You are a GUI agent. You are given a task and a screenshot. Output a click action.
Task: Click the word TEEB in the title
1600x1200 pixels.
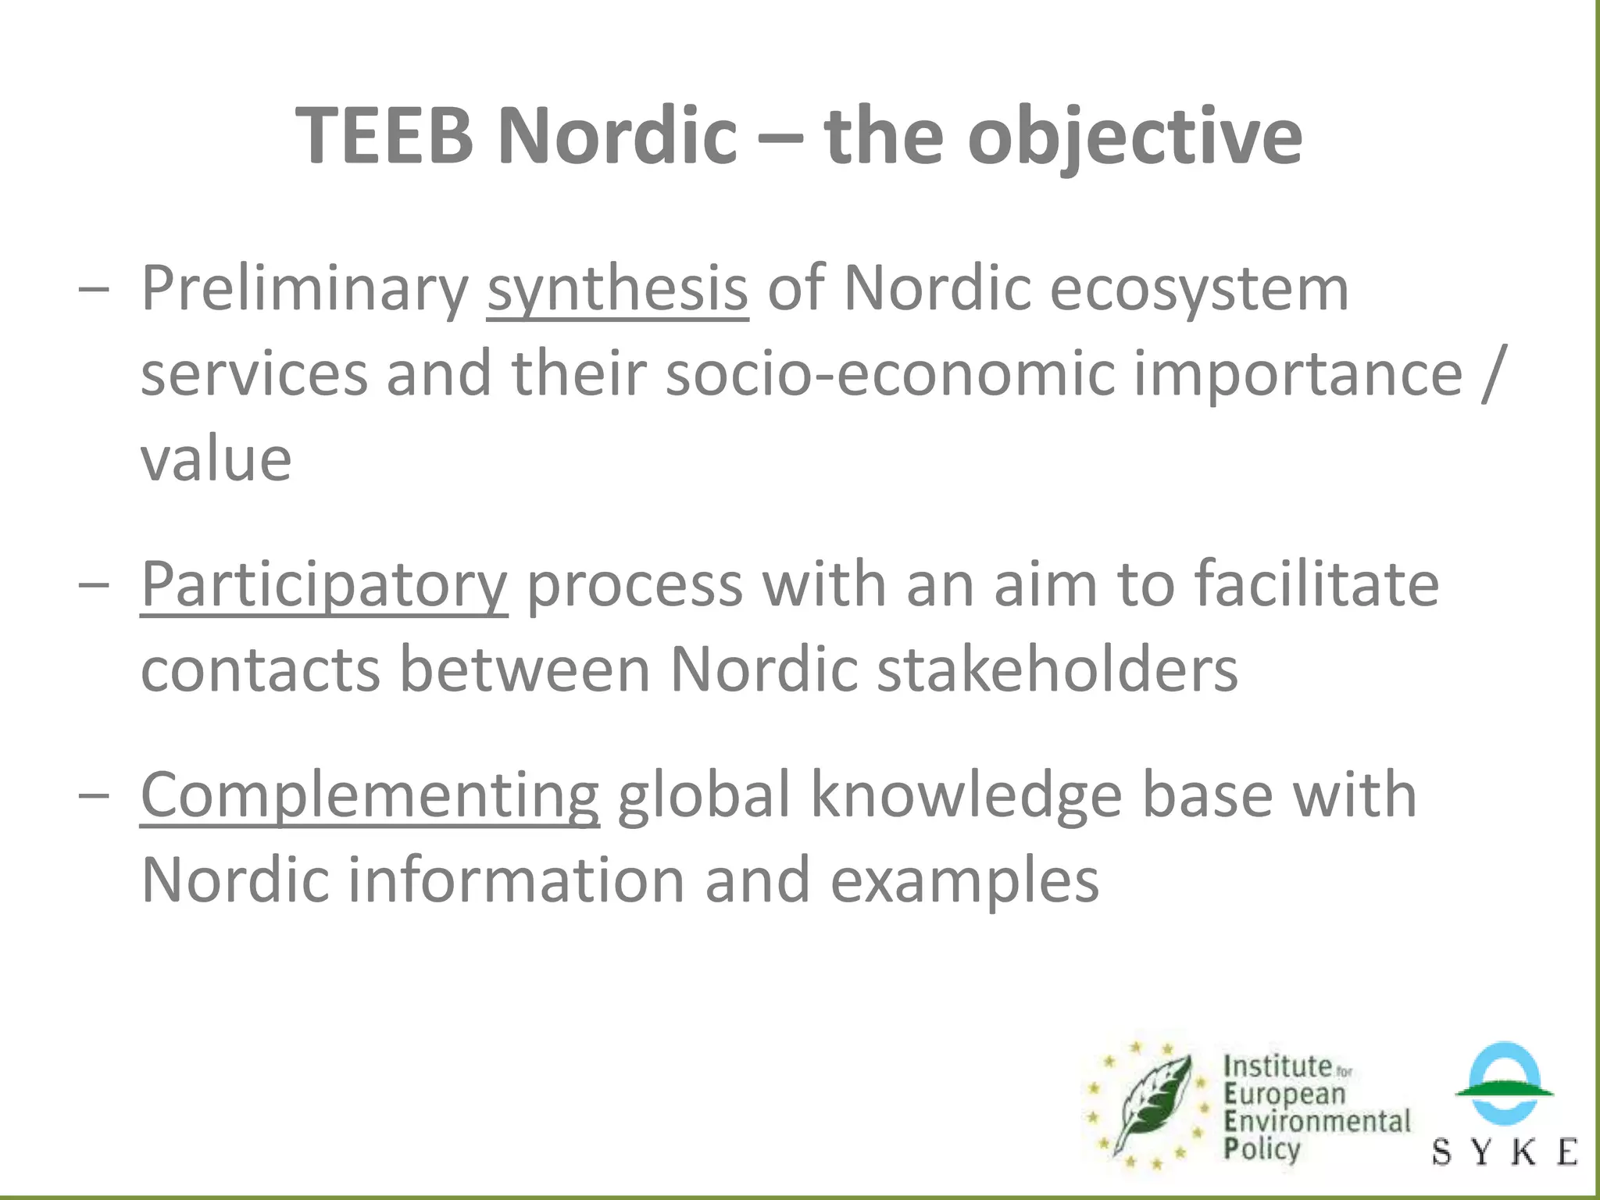pos(384,137)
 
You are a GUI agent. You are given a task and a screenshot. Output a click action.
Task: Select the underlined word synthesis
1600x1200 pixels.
pos(617,289)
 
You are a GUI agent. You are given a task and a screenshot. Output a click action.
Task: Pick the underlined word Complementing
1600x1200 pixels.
pos(370,795)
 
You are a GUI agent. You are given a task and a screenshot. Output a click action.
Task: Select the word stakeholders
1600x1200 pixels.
pos(1057,670)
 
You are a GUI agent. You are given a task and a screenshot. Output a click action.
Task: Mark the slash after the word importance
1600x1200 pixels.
pos(1491,373)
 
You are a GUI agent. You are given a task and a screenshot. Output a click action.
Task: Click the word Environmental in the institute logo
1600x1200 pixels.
pos(1317,1121)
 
